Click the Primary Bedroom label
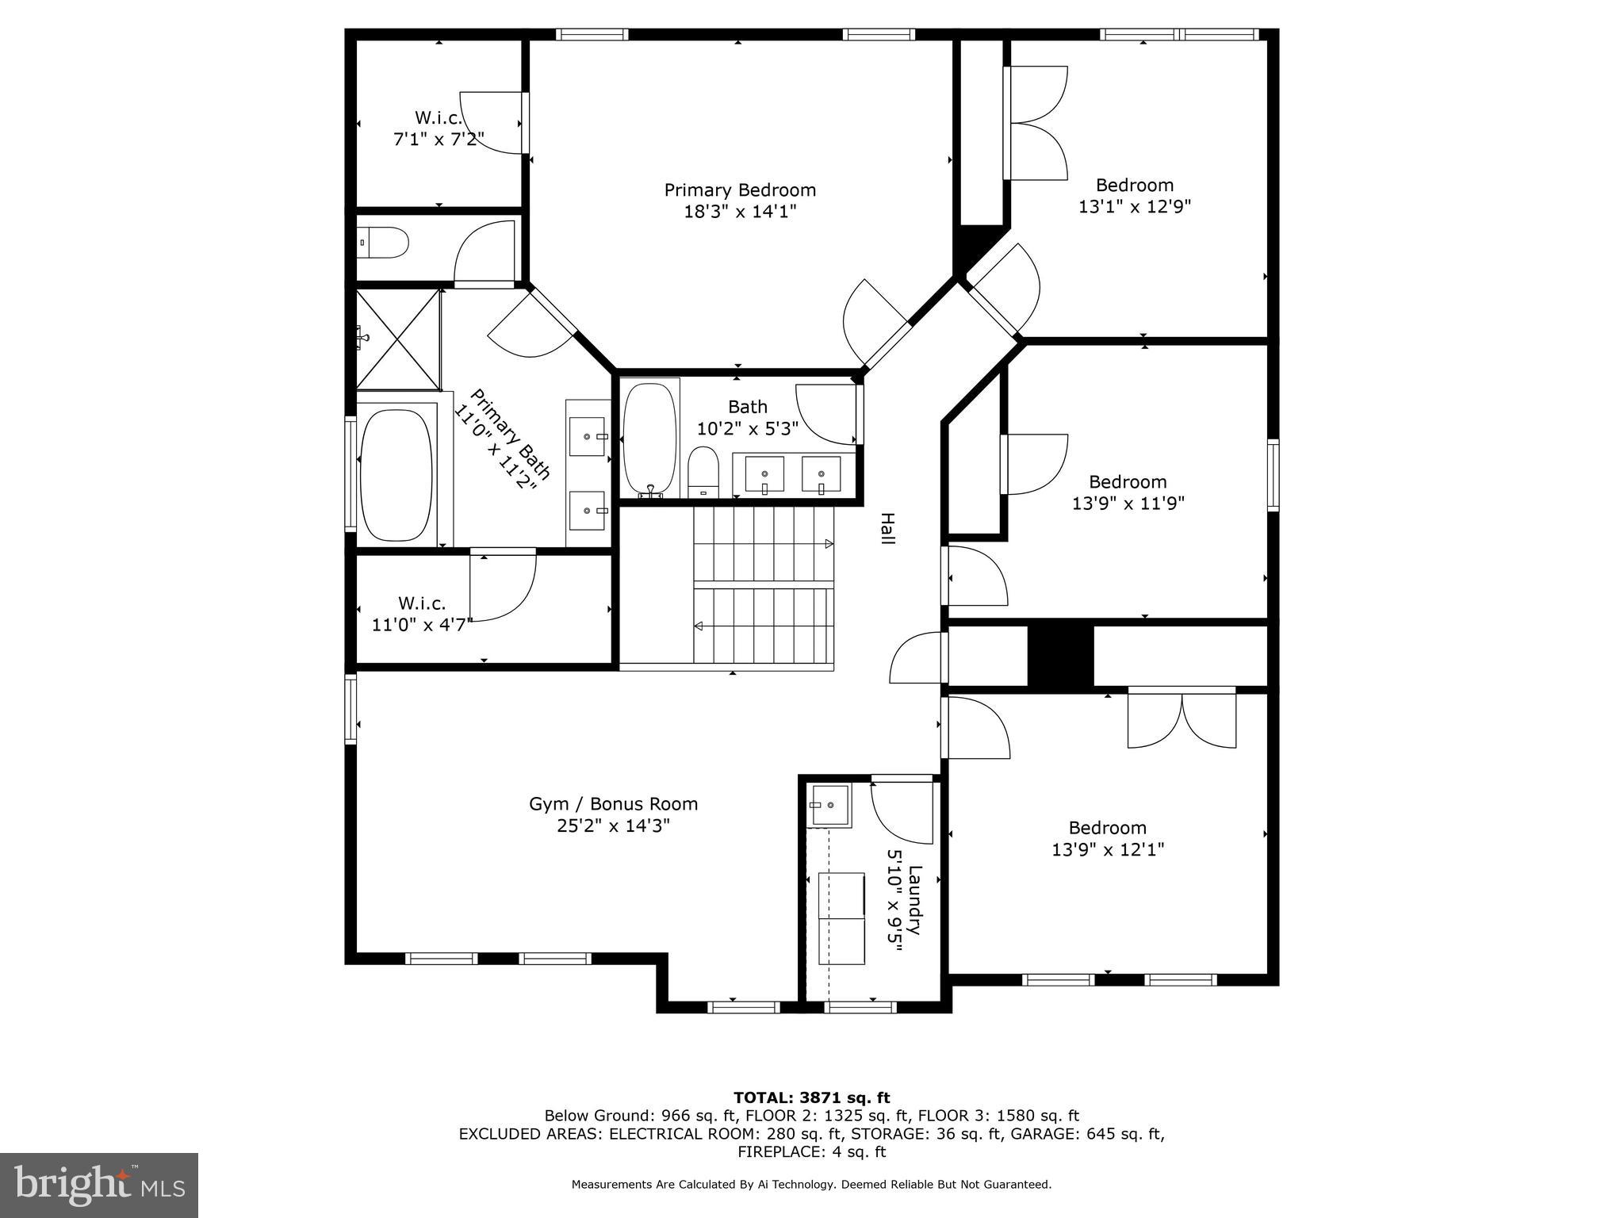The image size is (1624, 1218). click(x=740, y=190)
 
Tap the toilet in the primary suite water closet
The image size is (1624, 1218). click(x=384, y=243)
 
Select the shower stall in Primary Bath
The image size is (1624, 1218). click(x=398, y=339)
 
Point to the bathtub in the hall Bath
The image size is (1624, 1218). click(x=650, y=439)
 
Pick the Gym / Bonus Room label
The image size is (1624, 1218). click(x=613, y=804)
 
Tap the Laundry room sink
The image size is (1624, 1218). click(x=829, y=806)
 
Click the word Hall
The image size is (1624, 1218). click(x=887, y=528)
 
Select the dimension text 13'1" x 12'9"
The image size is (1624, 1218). click(x=1135, y=207)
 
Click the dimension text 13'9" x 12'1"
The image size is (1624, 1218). click(x=1107, y=850)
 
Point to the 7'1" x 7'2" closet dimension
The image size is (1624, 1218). click(x=439, y=140)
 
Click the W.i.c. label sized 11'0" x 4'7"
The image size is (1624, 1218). click(x=422, y=603)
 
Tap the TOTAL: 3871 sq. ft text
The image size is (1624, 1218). click(x=811, y=1097)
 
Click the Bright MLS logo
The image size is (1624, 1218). click(x=99, y=1185)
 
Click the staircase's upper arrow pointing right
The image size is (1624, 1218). click(x=829, y=544)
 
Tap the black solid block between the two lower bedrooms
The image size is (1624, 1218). click(x=1060, y=656)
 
